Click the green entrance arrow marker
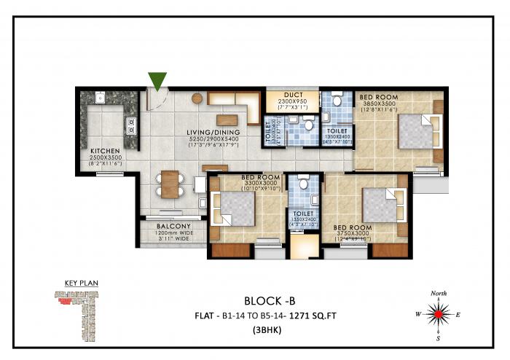pyautogui.click(x=157, y=81)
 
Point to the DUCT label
pyautogui.click(x=294, y=95)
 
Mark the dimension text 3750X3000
pyautogui.click(x=350, y=234)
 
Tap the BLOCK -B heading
pyautogui.click(x=270, y=300)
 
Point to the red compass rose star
pyautogui.click(x=438, y=315)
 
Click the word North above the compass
pyautogui.click(x=439, y=293)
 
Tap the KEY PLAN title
pyautogui.click(x=80, y=283)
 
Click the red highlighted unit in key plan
pyautogui.click(x=66, y=298)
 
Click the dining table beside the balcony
pyautogui.click(x=169, y=184)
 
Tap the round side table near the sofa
pyautogui.click(x=196, y=98)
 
